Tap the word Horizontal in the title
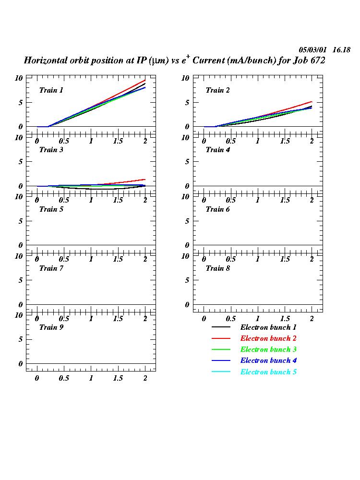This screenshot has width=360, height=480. click(x=45, y=60)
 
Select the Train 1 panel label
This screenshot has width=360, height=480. click(x=51, y=90)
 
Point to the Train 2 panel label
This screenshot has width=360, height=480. click(x=218, y=90)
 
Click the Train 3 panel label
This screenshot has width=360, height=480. click(x=51, y=150)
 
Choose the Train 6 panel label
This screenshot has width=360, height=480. click(x=218, y=209)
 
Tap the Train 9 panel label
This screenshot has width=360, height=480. click(x=51, y=327)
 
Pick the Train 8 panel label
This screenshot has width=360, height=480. click(x=218, y=268)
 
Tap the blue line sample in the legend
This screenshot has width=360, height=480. click(x=221, y=360)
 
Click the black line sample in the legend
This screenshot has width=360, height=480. click(x=221, y=327)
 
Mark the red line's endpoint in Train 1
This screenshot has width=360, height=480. click(x=145, y=80)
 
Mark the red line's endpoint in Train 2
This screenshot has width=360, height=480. click(x=312, y=102)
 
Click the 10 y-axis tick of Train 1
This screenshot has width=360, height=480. click(x=19, y=78)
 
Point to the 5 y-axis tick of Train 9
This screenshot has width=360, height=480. click(x=21, y=339)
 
